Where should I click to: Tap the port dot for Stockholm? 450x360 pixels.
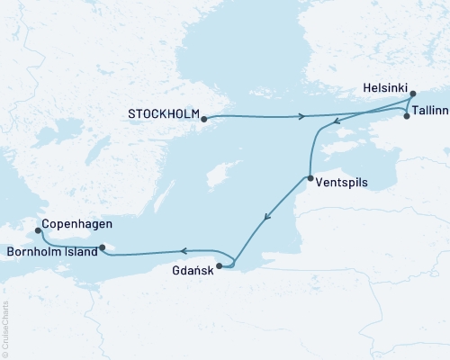click(204, 118)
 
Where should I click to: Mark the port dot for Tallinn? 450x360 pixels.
click(407, 117)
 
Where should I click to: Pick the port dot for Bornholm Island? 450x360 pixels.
click(103, 247)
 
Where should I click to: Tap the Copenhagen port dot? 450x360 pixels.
click(38, 230)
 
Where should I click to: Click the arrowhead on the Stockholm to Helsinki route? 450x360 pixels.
click(303, 116)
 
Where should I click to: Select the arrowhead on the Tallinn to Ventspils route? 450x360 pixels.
click(335, 123)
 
